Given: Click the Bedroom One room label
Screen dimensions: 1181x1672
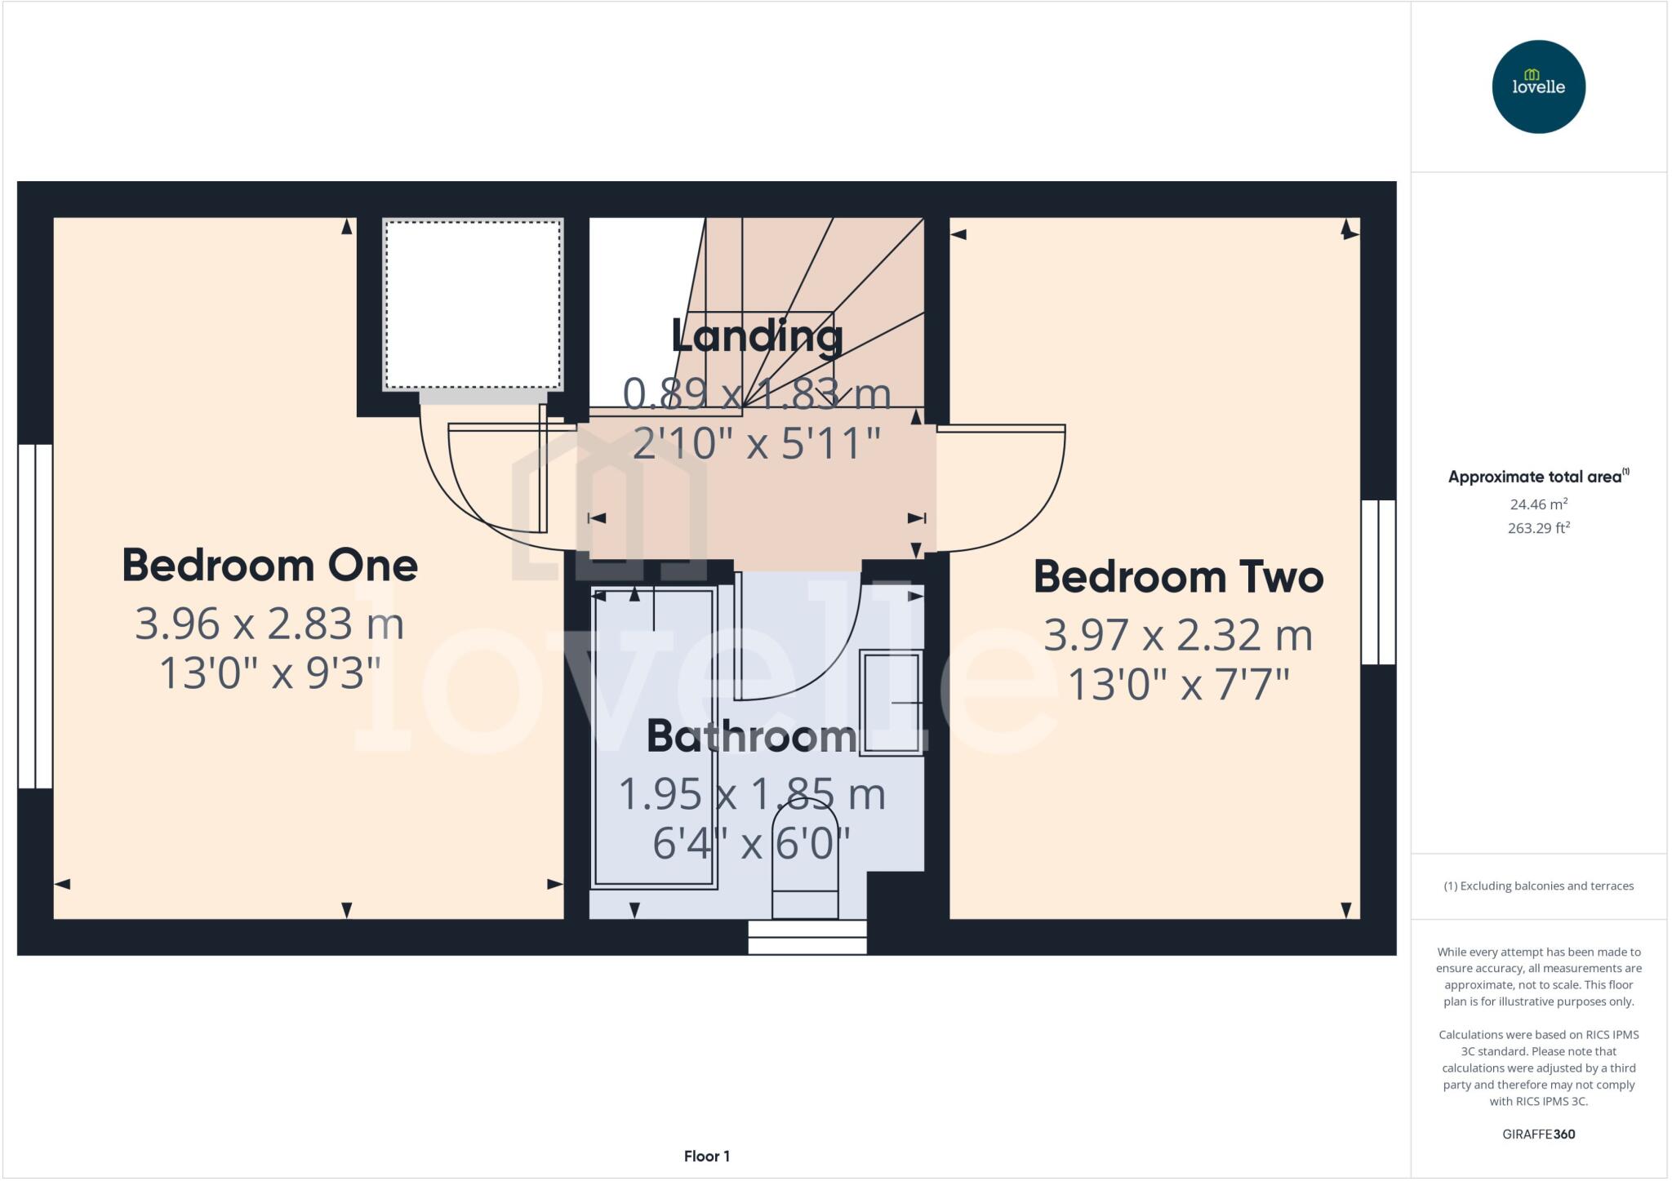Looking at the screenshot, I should pyautogui.click(x=269, y=566).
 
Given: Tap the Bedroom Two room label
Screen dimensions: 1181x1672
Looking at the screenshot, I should pyautogui.click(x=1178, y=577).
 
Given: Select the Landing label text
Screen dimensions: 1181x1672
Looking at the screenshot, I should pyautogui.click(x=757, y=335).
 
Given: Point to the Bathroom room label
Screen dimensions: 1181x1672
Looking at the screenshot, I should pyautogui.click(x=751, y=736).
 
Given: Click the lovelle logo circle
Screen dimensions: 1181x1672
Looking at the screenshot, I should pyautogui.click(x=1538, y=87).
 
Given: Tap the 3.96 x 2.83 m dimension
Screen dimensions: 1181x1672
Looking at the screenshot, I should pyautogui.click(x=269, y=624).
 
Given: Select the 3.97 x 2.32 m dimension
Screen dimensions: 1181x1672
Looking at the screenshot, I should pyautogui.click(x=1178, y=635).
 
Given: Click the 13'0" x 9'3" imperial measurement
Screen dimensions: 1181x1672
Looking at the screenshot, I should pyautogui.click(x=269, y=674).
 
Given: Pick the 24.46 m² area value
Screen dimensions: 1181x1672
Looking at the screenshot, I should pyautogui.click(x=1538, y=504).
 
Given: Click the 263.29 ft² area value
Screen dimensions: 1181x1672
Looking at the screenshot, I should pyautogui.click(x=1538, y=528).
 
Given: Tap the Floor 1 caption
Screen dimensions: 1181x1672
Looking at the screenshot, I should pyautogui.click(x=707, y=1156).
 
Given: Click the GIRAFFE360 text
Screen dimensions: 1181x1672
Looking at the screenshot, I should pyautogui.click(x=1538, y=1134).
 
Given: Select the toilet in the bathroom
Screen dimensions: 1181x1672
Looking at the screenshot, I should pyautogui.click(x=805, y=865).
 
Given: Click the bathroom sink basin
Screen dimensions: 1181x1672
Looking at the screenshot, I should pyautogui.click(x=892, y=702).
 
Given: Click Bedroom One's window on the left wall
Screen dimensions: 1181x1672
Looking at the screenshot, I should pyautogui.click(x=35, y=616).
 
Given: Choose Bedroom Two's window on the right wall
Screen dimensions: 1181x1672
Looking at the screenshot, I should pyautogui.click(x=1378, y=582).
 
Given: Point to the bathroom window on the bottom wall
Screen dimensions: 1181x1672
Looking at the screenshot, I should pyautogui.click(x=807, y=937).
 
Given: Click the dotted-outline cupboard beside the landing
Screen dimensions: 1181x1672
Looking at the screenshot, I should pyautogui.click(x=473, y=304).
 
